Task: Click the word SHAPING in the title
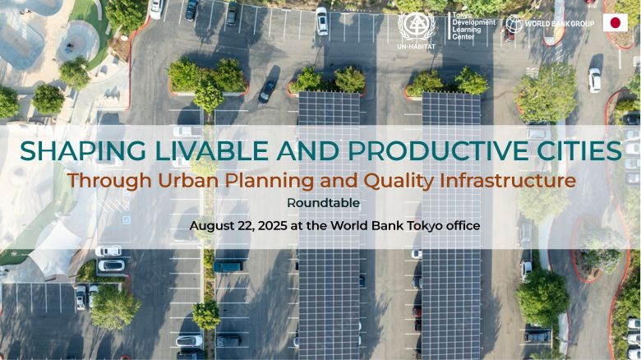click(x=82, y=150)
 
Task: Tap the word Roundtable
click(x=323, y=203)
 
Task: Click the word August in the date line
click(x=208, y=226)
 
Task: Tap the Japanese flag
click(x=616, y=23)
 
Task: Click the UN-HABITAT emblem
click(x=417, y=26)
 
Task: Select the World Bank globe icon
click(x=514, y=24)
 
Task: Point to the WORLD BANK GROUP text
click(x=560, y=24)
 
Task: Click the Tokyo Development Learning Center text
click(x=474, y=25)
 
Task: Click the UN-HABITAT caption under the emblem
click(x=416, y=46)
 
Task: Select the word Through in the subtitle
click(x=109, y=182)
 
